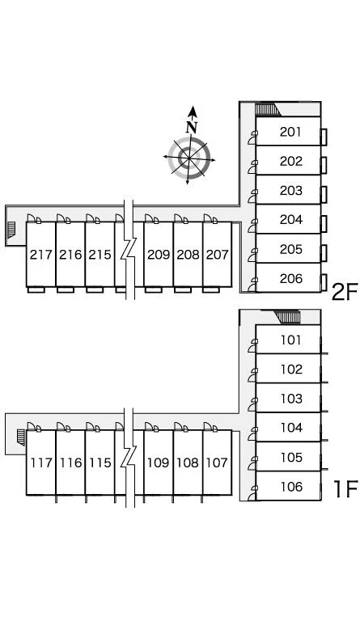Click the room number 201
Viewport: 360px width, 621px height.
click(x=290, y=132)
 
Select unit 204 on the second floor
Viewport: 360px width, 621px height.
click(x=290, y=219)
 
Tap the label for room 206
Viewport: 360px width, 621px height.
click(x=290, y=278)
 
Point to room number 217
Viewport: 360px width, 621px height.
click(x=41, y=254)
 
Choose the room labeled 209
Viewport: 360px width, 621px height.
click(x=159, y=254)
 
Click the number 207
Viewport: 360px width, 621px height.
click(x=217, y=254)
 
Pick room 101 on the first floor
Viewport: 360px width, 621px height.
click(x=291, y=340)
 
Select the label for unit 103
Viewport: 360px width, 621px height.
click(x=291, y=399)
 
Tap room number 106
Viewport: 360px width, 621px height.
click(x=291, y=486)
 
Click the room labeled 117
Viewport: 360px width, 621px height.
click(x=41, y=463)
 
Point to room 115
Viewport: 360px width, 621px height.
click(x=100, y=463)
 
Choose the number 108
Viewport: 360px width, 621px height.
click(x=188, y=463)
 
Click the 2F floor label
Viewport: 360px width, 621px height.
click(x=344, y=292)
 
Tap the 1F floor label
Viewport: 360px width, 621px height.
click(x=345, y=488)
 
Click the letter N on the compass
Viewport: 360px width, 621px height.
click(x=192, y=127)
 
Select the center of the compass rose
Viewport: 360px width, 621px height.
click(x=189, y=158)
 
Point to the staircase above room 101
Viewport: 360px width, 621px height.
click(x=288, y=317)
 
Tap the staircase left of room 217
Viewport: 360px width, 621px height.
click(x=11, y=231)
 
